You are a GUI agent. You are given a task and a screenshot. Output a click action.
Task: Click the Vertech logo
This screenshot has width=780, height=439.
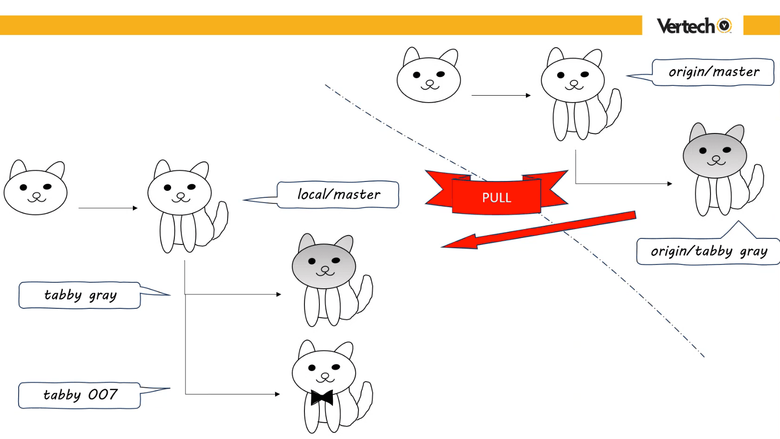tap(694, 26)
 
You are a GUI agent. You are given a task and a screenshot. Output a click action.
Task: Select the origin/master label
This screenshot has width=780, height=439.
tap(713, 72)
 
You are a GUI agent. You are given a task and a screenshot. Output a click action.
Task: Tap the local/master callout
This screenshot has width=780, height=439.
tap(338, 194)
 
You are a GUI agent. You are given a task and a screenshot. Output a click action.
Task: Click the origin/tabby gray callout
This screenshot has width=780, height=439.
tap(708, 251)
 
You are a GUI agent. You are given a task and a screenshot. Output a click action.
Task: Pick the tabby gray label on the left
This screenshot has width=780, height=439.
tap(80, 295)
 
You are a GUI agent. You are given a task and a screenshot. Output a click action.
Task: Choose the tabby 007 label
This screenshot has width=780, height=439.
tap(80, 395)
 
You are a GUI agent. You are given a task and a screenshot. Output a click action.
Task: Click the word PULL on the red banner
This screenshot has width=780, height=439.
tap(497, 198)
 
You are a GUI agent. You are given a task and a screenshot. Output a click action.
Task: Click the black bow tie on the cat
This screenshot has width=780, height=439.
tap(322, 397)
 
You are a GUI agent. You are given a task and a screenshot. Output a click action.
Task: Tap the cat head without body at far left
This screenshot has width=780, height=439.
tap(35, 190)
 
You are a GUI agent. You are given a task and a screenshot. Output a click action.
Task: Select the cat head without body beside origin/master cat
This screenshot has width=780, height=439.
tap(428, 78)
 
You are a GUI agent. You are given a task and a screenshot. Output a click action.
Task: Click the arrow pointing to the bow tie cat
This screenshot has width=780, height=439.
tap(233, 394)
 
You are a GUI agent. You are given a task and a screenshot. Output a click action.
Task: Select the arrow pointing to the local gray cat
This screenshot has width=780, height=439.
tap(233, 294)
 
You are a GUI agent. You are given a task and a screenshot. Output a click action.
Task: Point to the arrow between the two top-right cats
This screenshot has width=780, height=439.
tap(501, 95)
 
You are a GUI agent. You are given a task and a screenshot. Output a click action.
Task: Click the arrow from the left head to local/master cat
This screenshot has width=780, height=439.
tap(108, 208)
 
